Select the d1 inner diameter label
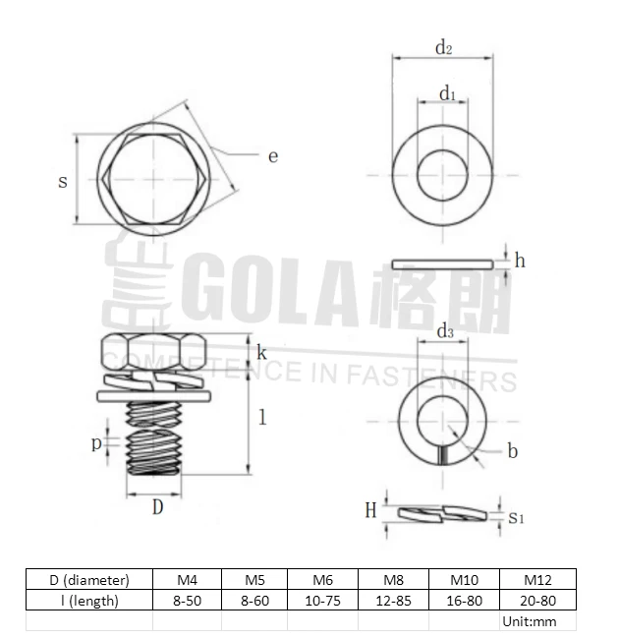click(447, 93)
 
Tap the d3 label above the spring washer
click(444, 332)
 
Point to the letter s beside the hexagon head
click(63, 182)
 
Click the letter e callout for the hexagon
click(273, 155)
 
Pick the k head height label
click(261, 351)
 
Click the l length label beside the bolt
click(262, 417)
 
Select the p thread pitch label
click(97, 443)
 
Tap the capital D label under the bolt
click(157, 507)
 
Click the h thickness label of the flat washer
click(520, 261)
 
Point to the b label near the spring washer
click(512, 451)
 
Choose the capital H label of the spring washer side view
click(370, 509)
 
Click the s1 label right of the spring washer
click(516, 516)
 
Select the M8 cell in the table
click(393, 579)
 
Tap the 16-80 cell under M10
click(464, 600)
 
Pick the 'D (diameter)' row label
click(89, 579)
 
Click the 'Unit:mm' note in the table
click(529, 621)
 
